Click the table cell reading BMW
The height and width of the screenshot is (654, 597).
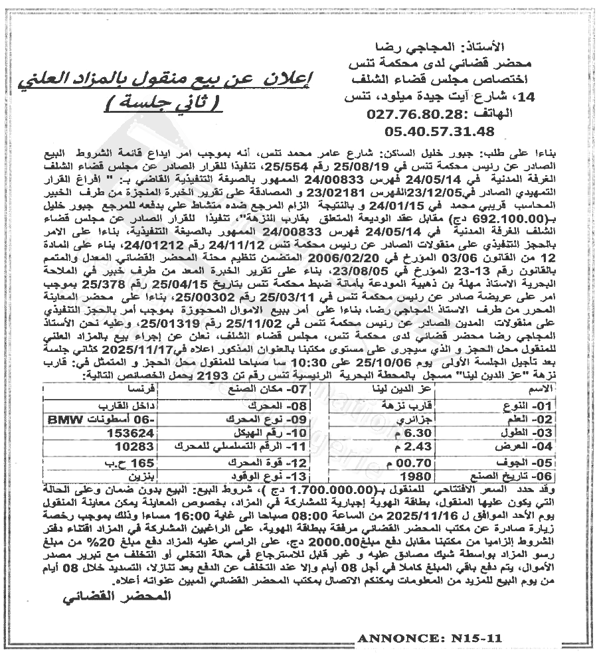pos(74,420)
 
